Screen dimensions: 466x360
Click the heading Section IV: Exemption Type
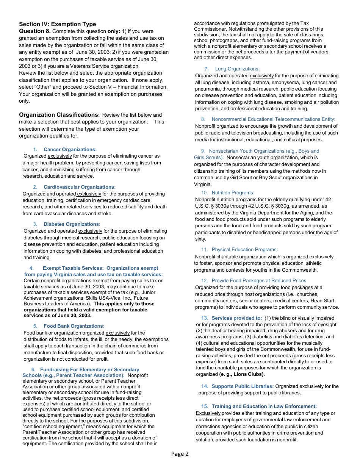57,24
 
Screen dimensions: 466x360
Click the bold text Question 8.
34,31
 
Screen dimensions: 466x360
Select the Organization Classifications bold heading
58,115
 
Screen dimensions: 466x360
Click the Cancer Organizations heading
70,150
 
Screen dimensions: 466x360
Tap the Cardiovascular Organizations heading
79,187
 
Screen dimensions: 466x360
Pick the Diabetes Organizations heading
72,224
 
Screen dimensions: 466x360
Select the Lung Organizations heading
237,69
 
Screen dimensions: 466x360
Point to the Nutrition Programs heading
233,193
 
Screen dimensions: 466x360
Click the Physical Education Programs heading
244,250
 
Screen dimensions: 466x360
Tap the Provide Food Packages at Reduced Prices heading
259,281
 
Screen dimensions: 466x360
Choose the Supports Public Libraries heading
243,386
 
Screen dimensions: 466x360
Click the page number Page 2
180,454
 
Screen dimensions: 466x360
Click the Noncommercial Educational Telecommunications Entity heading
273,119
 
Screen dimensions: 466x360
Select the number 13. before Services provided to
205,318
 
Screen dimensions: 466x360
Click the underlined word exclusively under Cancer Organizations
60,156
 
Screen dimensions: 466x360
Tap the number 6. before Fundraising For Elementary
33,370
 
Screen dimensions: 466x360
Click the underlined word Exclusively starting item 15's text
208,413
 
